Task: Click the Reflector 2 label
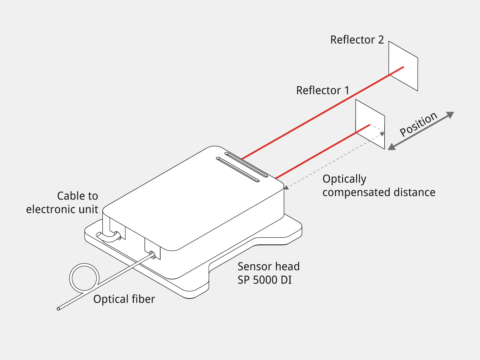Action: tap(357, 40)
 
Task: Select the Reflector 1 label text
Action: tap(323, 90)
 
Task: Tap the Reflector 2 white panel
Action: tap(403, 66)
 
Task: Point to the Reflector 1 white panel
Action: tap(370, 124)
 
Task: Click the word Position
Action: tap(418, 124)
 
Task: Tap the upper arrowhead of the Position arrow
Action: tap(450, 114)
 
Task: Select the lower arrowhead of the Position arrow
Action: tap(392, 147)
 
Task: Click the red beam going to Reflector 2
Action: tap(323, 113)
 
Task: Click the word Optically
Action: tap(344, 179)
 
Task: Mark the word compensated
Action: tap(356, 192)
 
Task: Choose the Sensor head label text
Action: tap(268, 267)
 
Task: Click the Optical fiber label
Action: tap(124, 299)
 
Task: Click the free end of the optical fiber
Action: tap(58, 309)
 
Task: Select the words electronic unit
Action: tap(62, 209)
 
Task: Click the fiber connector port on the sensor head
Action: tap(152, 255)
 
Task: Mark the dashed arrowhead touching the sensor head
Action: tap(287, 187)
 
